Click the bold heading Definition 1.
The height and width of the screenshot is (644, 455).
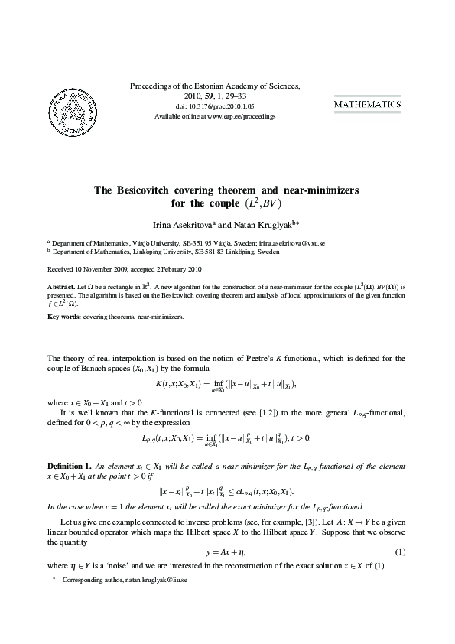tap(70, 465)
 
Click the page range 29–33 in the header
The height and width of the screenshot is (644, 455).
tap(241, 96)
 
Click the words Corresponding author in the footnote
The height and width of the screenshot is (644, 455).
tap(91, 581)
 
